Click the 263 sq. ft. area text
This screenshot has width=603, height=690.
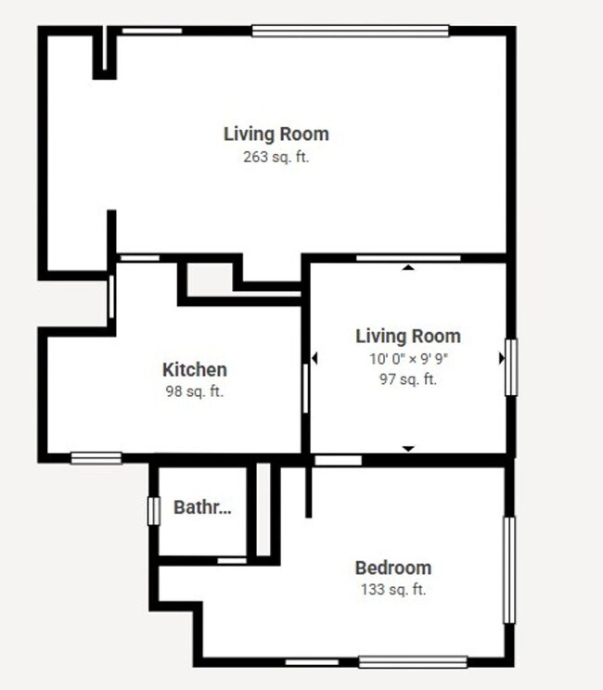click(x=276, y=157)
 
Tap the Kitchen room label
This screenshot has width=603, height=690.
click(x=195, y=370)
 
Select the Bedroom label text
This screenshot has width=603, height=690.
click(x=393, y=568)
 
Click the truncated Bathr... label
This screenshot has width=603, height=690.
click(x=202, y=508)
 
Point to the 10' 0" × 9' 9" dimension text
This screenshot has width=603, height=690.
click(x=408, y=358)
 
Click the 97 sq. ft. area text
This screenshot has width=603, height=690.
click(x=408, y=378)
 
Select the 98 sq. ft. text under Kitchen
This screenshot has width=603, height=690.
click(x=195, y=391)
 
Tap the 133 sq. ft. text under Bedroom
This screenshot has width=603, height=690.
click(x=393, y=589)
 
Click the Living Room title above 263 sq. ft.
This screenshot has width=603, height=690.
click(x=276, y=134)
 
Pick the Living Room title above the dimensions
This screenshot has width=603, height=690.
click(x=408, y=336)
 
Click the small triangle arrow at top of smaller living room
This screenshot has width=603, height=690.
click(x=407, y=268)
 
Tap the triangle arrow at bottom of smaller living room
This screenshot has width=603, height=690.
click(x=407, y=449)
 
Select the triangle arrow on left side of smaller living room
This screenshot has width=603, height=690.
click(x=314, y=358)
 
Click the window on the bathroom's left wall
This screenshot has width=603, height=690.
click(x=155, y=510)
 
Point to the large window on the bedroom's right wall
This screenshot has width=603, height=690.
click(x=508, y=569)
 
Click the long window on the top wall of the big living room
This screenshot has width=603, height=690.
click(x=351, y=31)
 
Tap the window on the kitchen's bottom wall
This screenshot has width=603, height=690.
click(x=96, y=456)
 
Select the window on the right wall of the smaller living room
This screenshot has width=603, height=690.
click(x=508, y=366)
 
